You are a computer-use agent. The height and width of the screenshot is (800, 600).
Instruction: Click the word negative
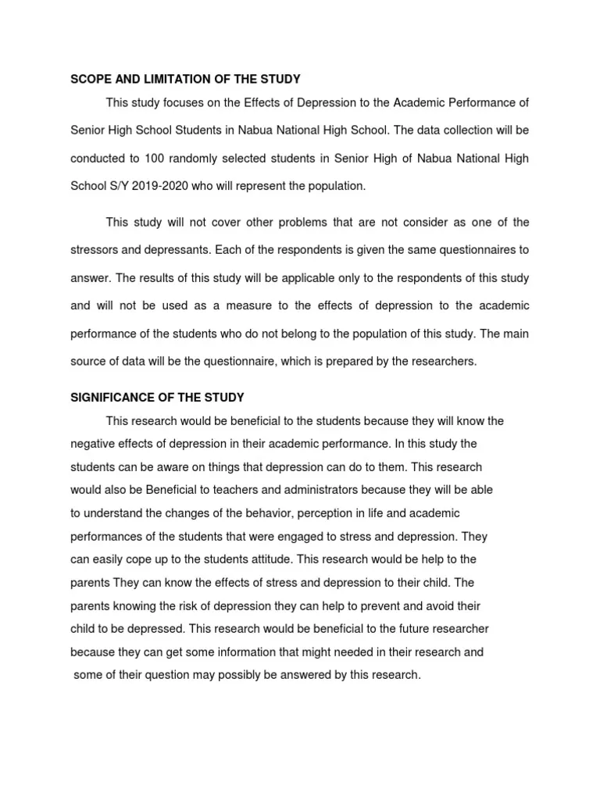click(93, 444)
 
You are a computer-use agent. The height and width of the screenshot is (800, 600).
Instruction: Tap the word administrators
click(298, 490)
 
